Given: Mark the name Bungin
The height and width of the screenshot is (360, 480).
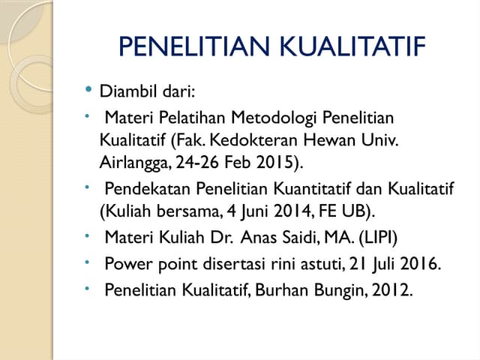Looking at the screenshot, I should [334, 289].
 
